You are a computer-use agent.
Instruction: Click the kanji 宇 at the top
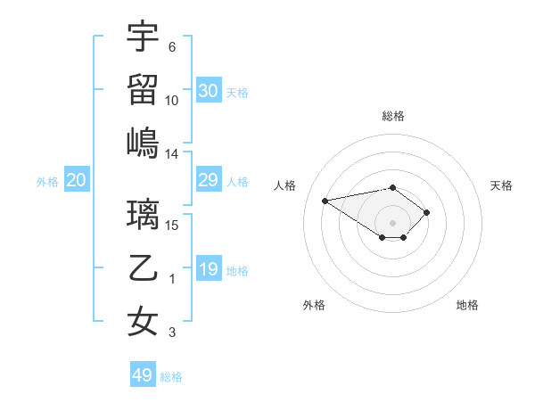pyautogui.click(x=143, y=37)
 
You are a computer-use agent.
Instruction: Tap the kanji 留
pyautogui.click(x=143, y=88)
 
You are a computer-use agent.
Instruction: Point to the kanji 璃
pyautogui.click(x=143, y=215)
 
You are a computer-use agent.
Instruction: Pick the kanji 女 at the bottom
pyautogui.click(x=143, y=320)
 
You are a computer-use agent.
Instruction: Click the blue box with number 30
pyautogui.click(x=209, y=91)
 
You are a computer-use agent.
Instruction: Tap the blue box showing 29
pyautogui.click(x=209, y=181)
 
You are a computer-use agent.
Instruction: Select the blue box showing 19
pyautogui.click(x=209, y=269)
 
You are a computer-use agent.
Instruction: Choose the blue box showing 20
pyautogui.click(x=76, y=181)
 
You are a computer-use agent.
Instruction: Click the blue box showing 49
pyautogui.click(x=143, y=375)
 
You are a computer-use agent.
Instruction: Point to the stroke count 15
pyautogui.click(x=172, y=225)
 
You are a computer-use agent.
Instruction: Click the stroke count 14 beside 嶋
pyautogui.click(x=172, y=154)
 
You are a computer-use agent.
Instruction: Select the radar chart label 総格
pyautogui.click(x=392, y=116)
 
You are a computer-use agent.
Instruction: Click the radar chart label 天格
pyautogui.click(x=501, y=185)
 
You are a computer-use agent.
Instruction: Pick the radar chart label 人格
pyautogui.click(x=285, y=185)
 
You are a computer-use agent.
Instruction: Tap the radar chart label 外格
pyautogui.click(x=314, y=305)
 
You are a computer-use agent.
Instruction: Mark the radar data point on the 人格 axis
pyautogui.click(x=325, y=201)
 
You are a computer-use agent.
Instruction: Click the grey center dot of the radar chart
pyautogui.click(x=392, y=222)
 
